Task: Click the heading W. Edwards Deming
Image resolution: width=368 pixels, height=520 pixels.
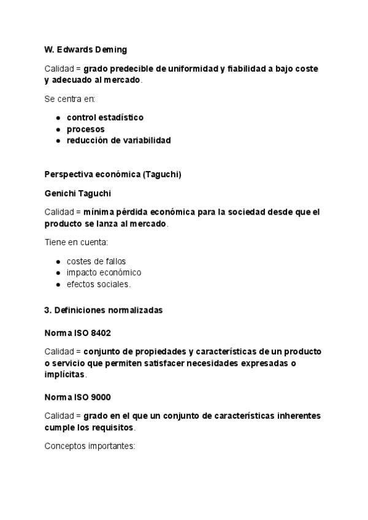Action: coord(86,49)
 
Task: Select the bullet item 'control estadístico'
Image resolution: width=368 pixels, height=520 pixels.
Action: coord(105,118)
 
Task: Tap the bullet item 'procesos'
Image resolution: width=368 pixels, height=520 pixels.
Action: coord(85,129)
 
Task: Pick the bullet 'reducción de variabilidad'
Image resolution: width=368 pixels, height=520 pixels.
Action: coord(118,140)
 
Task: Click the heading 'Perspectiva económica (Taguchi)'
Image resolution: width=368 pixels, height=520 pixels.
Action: coord(113,174)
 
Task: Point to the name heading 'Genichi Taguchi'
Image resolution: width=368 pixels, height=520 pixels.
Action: coord(78,193)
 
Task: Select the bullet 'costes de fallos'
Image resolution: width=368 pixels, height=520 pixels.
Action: coord(96,261)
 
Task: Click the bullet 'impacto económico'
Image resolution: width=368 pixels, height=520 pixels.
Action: coord(104,272)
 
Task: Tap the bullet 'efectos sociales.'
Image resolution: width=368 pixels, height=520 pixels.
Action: coord(99,284)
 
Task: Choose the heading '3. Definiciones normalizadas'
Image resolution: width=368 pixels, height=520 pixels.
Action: coord(104,310)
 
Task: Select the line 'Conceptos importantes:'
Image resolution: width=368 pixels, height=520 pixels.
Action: coord(90,446)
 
